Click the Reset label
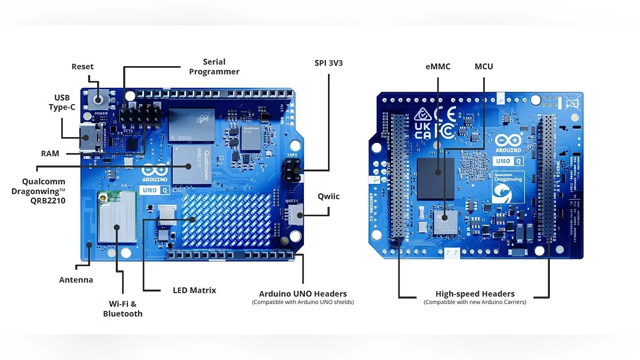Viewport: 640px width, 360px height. pyautogui.click(x=82, y=67)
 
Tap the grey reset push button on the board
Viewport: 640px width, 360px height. pyautogui.click(x=100, y=99)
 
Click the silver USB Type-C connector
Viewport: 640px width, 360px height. pyautogui.click(x=87, y=138)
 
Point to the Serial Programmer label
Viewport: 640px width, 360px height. pyautogui.click(x=214, y=67)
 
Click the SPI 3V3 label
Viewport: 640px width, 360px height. pyautogui.click(x=329, y=63)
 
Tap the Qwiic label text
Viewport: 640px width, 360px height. pyautogui.click(x=329, y=196)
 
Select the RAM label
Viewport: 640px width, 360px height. pyautogui.click(x=50, y=154)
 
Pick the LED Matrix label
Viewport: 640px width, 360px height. pyautogui.click(x=194, y=291)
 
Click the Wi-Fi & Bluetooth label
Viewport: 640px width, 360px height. pyautogui.click(x=123, y=309)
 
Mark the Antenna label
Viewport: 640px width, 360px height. pyautogui.click(x=76, y=280)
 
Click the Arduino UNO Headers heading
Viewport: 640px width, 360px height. pyautogui.click(x=302, y=294)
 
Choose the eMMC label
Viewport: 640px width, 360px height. pyautogui.click(x=438, y=67)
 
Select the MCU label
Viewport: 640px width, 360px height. pyautogui.click(x=484, y=67)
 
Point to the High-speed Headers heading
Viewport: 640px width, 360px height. pyautogui.click(x=475, y=294)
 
